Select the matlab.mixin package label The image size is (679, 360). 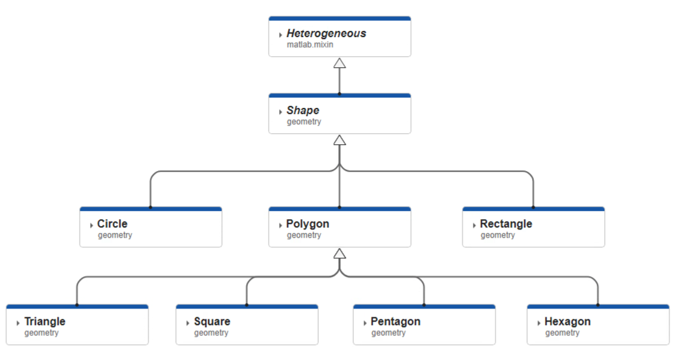(x=310, y=45)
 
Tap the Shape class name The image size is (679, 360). (x=302, y=111)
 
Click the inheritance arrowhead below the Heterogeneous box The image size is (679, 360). (x=339, y=64)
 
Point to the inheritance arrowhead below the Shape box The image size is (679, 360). (x=339, y=141)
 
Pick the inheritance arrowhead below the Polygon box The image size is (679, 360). (x=339, y=254)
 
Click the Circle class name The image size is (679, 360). (x=112, y=224)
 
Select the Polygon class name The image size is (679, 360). (x=307, y=224)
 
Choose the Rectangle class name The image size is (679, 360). (x=506, y=224)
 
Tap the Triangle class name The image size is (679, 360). (x=45, y=322)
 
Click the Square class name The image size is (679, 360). (x=212, y=322)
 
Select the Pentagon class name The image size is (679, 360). (x=395, y=322)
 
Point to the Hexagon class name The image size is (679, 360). (x=567, y=322)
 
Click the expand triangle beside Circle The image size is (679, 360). (x=91, y=225)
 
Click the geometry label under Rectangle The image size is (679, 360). (x=498, y=236)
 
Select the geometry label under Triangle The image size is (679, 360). (x=41, y=333)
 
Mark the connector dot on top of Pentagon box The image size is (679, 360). (x=424, y=304)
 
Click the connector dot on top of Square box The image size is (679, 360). (x=247, y=304)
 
